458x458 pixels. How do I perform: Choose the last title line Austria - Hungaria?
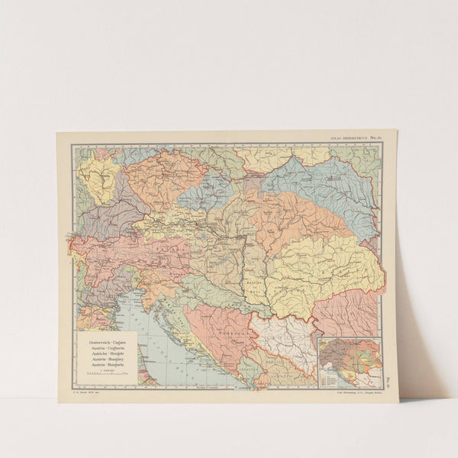click(106, 363)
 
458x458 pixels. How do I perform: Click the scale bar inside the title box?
click(106, 375)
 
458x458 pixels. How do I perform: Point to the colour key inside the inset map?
click(329, 375)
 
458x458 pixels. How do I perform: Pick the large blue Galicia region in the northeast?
click(321, 183)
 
